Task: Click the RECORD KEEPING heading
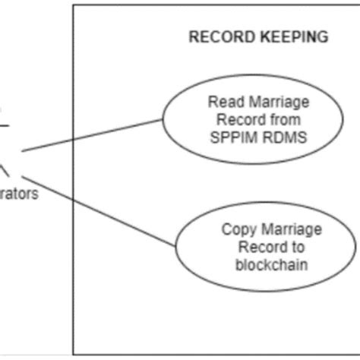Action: pyautogui.click(x=257, y=37)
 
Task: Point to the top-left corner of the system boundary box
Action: pyautogui.click(x=74, y=5)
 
